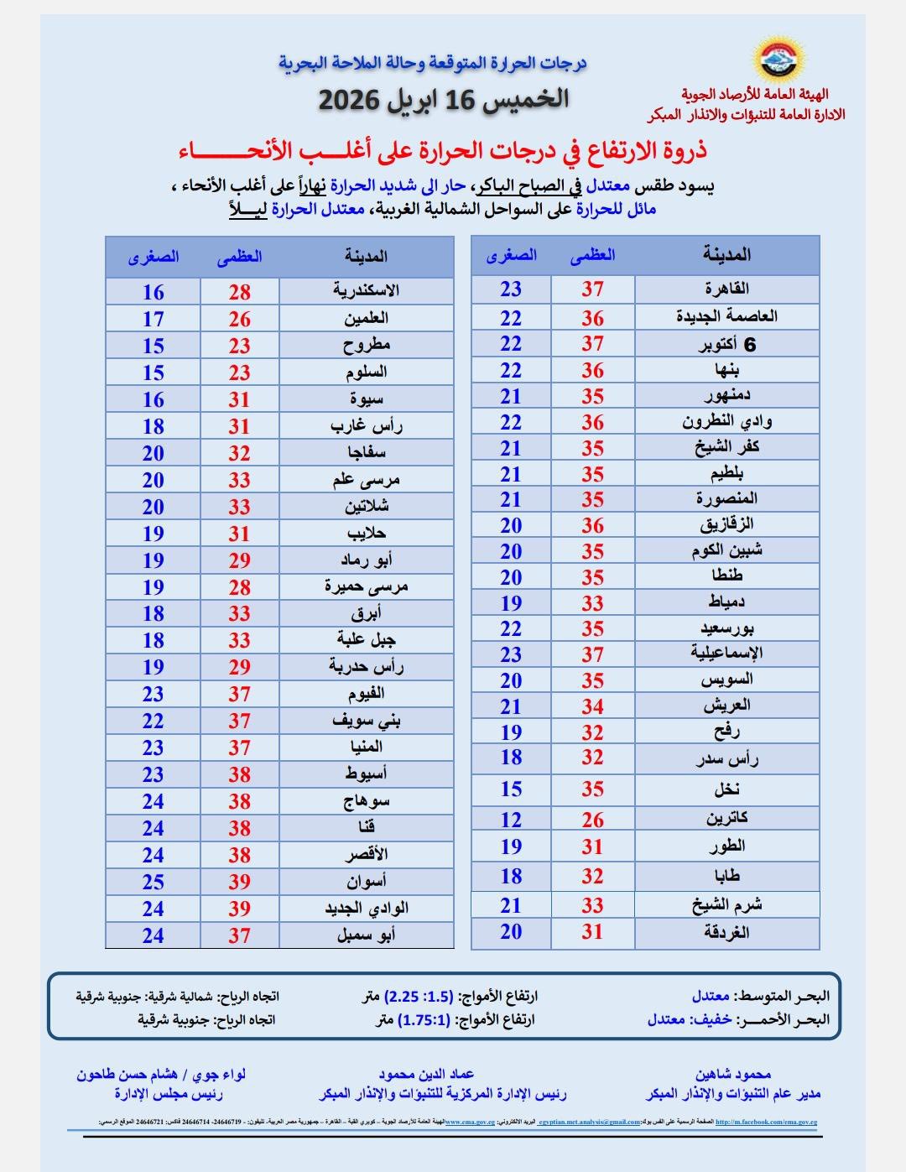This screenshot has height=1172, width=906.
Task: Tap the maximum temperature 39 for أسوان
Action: tap(239, 882)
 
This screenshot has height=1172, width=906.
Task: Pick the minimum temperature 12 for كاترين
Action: tap(511, 820)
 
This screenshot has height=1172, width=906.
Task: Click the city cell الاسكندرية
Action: tap(366, 291)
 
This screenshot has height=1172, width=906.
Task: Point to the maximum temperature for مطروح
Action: tap(239, 346)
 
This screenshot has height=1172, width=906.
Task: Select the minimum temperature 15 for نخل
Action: tap(511, 789)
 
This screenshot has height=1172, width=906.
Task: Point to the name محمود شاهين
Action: tap(732, 1074)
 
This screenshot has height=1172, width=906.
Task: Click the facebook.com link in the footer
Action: tap(765, 1122)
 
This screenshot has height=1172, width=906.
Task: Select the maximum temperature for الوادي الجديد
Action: tap(239, 909)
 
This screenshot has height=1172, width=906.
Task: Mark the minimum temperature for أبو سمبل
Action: tap(153, 935)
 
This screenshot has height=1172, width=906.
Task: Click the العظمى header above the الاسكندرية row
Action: tap(239, 257)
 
